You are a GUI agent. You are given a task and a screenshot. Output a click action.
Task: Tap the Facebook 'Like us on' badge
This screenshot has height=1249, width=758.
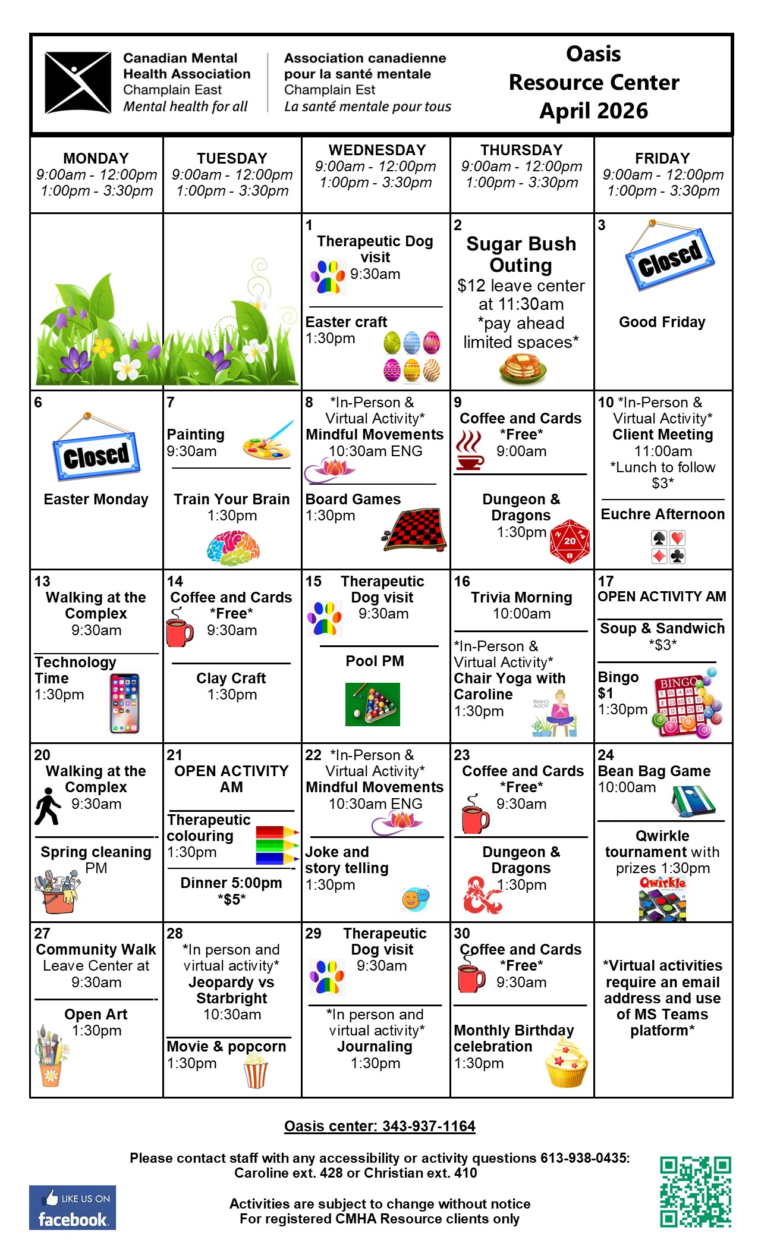(73, 1207)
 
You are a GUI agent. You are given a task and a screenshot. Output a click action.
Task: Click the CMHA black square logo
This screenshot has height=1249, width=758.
(78, 83)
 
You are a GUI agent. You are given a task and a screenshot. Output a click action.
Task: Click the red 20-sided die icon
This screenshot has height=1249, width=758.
(570, 541)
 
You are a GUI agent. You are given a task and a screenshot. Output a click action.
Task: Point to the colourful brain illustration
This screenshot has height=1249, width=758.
(234, 548)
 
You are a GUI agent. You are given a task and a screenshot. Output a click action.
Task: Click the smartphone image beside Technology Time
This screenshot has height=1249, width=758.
(124, 704)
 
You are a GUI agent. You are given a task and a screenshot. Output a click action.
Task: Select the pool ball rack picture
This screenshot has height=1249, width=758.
(373, 704)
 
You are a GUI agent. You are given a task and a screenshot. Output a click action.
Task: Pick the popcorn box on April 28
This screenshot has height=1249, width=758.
(256, 1071)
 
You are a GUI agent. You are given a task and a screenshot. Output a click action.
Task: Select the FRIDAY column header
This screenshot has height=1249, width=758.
(662, 158)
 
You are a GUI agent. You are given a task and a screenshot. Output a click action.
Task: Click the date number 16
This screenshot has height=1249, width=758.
(462, 581)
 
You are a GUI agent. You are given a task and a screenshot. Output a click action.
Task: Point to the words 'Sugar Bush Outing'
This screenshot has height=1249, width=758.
(521, 254)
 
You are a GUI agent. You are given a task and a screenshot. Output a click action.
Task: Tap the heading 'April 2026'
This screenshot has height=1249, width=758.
(593, 111)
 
